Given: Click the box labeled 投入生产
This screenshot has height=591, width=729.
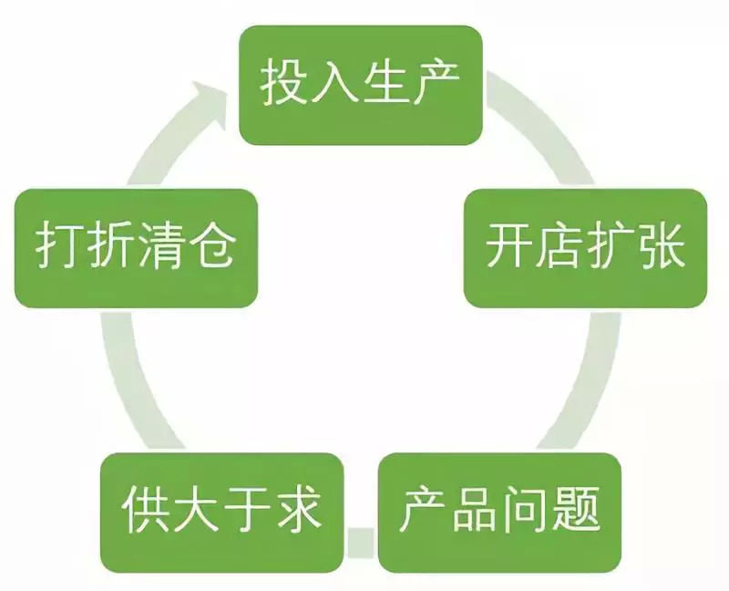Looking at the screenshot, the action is tap(361, 85).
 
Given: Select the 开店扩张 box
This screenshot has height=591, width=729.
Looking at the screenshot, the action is tap(585, 248).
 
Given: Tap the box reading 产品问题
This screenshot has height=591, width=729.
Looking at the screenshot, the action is tap(499, 512).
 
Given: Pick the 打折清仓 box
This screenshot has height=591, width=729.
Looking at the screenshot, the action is tap(136, 248).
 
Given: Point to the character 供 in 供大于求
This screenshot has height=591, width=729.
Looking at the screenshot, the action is tap(142, 512).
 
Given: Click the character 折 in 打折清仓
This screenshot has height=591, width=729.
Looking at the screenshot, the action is tap(109, 248).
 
